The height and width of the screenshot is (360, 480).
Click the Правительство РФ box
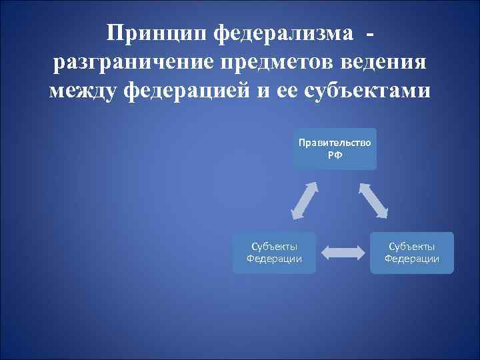coord(335,149)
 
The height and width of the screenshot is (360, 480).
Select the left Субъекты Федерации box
coord(273,253)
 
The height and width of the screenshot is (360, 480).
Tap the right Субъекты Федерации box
coord(411,253)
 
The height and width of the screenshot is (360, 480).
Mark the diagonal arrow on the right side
coord(373,199)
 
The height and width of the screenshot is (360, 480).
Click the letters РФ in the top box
coord(335,155)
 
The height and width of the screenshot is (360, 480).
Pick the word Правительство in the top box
coord(335,143)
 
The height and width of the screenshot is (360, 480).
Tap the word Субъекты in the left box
coord(273,247)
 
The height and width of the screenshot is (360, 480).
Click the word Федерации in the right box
coord(411,259)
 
